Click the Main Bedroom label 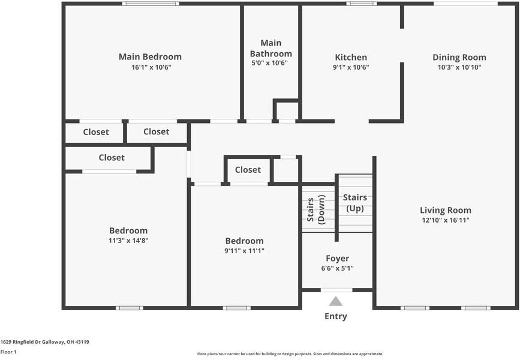(150, 57)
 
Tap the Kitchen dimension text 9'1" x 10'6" (351, 67)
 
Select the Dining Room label (459, 58)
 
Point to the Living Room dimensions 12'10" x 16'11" (446, 220)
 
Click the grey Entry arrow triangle (336, 301)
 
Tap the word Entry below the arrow (336, 317)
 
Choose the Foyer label (337, 259)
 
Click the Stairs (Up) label (355, 203)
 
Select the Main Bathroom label (271, 49)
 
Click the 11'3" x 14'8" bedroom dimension (128, 241)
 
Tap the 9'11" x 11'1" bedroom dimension (245, 251)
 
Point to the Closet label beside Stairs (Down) (248, 170)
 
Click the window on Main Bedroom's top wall (151, 4)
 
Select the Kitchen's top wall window (362, 4)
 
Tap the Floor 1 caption (8, 352)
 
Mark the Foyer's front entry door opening (336, 290)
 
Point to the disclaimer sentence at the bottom (290, 354)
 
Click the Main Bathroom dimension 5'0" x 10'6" (269, 63)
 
